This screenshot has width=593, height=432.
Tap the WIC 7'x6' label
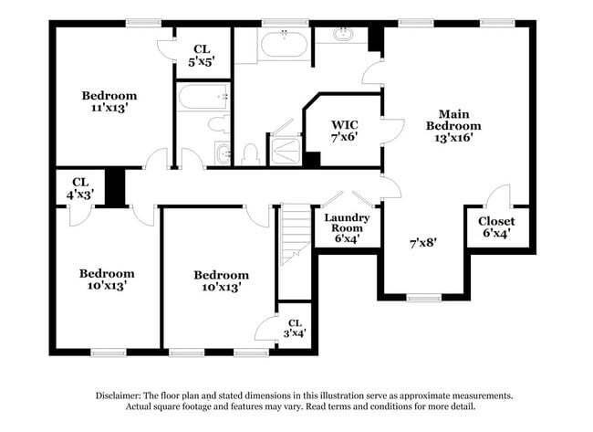[x=344, y=130]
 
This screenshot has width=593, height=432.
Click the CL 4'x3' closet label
[x=79, y=187]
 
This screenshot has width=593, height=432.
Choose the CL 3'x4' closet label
[x=294, y=328]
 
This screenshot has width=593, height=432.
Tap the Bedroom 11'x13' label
[x=109, y=101]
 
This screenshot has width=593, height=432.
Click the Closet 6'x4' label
[x=496, y=227]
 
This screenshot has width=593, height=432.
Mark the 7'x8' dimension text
[x=422, y=243]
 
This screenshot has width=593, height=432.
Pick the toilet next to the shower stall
[x=251, y=153]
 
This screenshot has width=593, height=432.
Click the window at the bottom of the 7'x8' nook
[x=422, y=297]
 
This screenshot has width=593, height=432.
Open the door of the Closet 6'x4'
[x=498, y=196]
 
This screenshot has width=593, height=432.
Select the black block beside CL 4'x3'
[x=114, y=187]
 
